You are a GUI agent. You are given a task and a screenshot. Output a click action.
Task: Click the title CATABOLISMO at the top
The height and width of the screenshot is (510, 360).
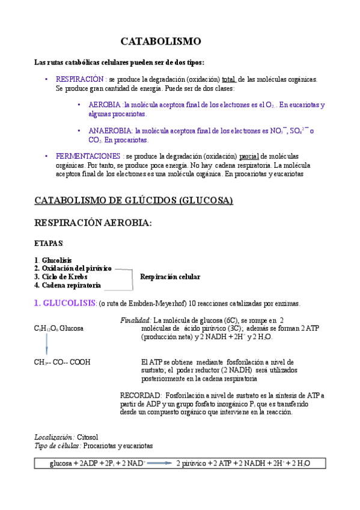(160, 41)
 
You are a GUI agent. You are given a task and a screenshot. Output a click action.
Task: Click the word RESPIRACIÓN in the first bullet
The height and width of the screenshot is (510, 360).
(80, 79)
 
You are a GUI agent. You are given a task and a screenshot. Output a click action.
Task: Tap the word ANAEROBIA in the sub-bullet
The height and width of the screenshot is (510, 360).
(111, 131)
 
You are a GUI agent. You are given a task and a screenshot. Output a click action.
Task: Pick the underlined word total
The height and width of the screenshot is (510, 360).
(228, 79)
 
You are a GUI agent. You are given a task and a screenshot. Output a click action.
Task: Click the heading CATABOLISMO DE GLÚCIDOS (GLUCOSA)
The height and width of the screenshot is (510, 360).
(133, 200)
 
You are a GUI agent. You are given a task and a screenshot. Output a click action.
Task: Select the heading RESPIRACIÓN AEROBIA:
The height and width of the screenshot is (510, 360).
(93, 223)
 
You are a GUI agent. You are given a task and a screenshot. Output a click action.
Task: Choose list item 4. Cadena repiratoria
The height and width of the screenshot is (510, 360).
(67, 285)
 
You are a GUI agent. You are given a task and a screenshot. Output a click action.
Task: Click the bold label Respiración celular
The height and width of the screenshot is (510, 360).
(170, 277)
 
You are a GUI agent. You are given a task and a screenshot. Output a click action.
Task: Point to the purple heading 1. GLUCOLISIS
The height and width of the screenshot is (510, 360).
(65, 303)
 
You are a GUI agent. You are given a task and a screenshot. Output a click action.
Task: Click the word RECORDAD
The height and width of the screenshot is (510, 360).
(140, 395)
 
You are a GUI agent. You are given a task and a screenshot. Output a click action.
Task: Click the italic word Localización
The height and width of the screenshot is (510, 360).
(54, 437)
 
